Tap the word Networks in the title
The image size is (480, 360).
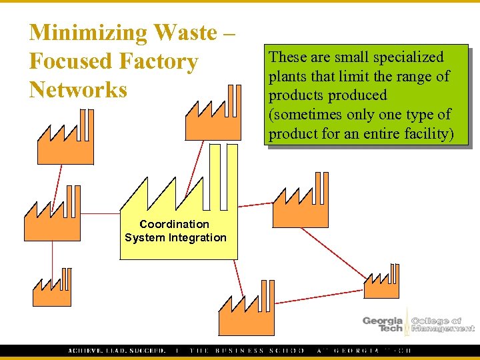pyautogui.click(x=78, y=89)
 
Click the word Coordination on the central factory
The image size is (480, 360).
pyautogui.click(x=175, y=224)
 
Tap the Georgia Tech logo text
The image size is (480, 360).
pyautogui.click(x=383, y=324)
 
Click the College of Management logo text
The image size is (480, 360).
pyautogui.click(x=442, y=324)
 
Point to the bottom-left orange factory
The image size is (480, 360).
pyautogui.click(x=51, y=292)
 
